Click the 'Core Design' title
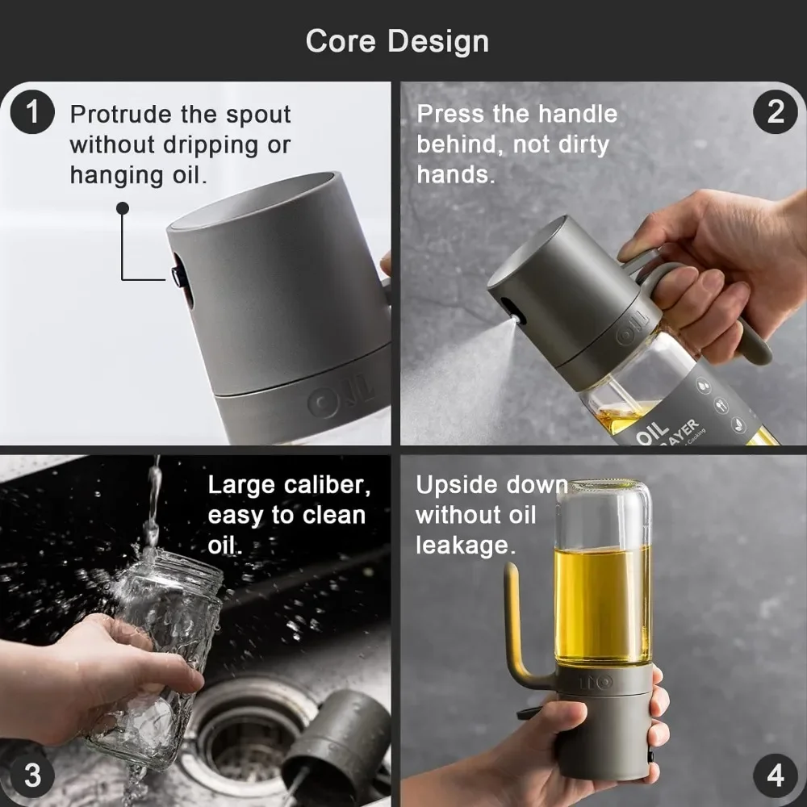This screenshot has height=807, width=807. pos(397,41)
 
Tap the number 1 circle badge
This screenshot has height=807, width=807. pos(32,112)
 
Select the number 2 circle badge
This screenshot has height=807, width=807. pos(775,112)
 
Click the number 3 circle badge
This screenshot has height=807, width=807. pos(32,776)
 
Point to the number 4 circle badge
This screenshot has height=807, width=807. pos(775,776)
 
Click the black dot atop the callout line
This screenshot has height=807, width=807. pos(123,208)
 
